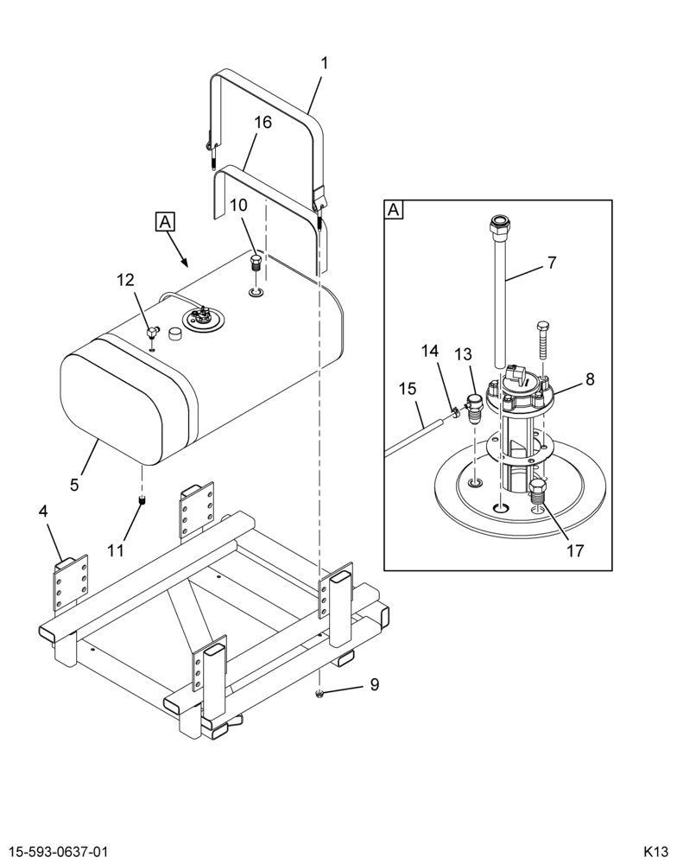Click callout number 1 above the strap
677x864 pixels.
[x=325, y=63]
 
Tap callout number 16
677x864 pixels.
[x=263, y=123]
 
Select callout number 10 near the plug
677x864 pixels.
[x=239, y=205]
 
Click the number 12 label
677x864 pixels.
[x=125, y=280]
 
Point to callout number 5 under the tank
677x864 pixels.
[x=74, y=485]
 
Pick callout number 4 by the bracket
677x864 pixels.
[x=43, y=511]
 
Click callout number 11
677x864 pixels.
[x=116, y=550]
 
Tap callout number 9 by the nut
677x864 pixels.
[x=375, y=684]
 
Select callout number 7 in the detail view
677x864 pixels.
[x=552, y=263]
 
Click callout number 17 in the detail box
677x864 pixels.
[x=575, y=550]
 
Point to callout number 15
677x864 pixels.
[x=408, y=389]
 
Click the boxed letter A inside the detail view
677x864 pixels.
[x=393, y=210]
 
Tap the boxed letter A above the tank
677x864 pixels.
[x=165, y=221]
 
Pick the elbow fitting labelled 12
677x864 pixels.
[x=152, y=332]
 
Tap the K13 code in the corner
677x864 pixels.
[x=655, y=850]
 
